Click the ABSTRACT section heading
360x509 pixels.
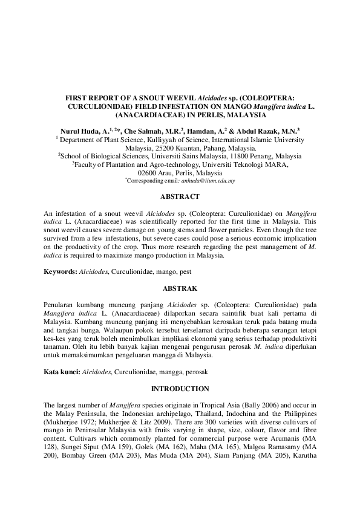[x=180, y=196]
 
